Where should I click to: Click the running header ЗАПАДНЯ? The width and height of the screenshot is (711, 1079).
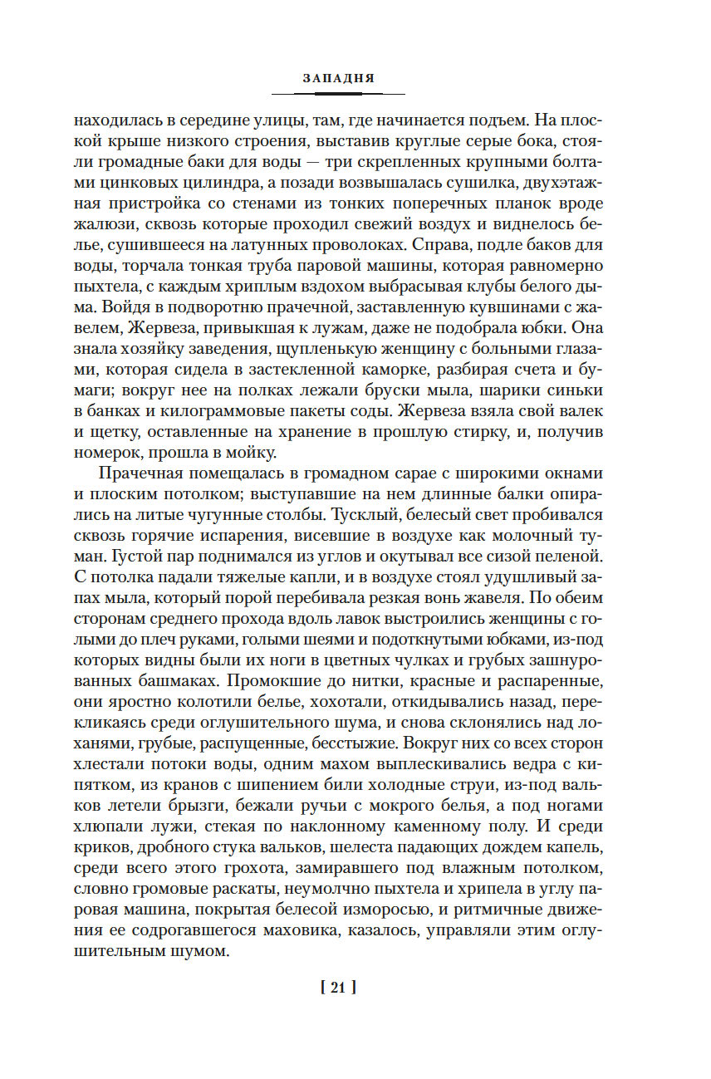[x=338, y=77]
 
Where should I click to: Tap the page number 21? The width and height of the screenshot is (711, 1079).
[x=337, y=988]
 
